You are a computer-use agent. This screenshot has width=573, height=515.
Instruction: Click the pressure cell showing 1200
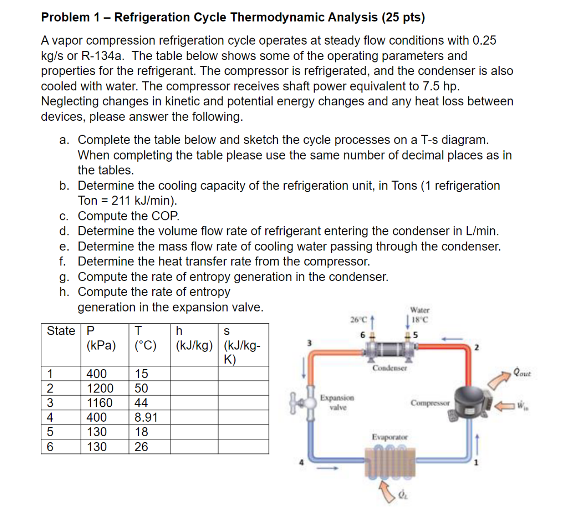tap(100, 388)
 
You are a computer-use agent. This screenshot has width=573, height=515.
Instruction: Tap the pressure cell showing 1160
tap(100, 403)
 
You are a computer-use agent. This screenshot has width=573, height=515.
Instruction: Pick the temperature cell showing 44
tap(141, 403)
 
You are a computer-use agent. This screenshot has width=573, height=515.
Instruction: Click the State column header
tap(60, 331)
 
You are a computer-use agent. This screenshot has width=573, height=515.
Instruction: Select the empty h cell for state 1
tap(194, 374)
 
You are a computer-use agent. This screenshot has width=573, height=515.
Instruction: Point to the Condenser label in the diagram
tap(390, 368)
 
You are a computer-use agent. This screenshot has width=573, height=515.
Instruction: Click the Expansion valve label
tap(337, 402)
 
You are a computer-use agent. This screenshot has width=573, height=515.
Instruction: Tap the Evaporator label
tap(390, 437)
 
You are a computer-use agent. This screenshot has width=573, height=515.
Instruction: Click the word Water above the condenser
tap(420, 310)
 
